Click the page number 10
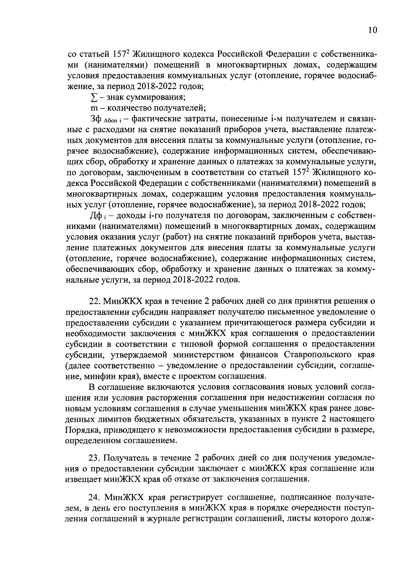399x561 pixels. coord(372,30)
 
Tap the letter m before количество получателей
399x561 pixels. coord(93,108)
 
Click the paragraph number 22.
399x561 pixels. coord(95,301)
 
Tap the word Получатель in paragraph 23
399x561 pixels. coord(126,458)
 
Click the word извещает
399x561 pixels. coord(84,479)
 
